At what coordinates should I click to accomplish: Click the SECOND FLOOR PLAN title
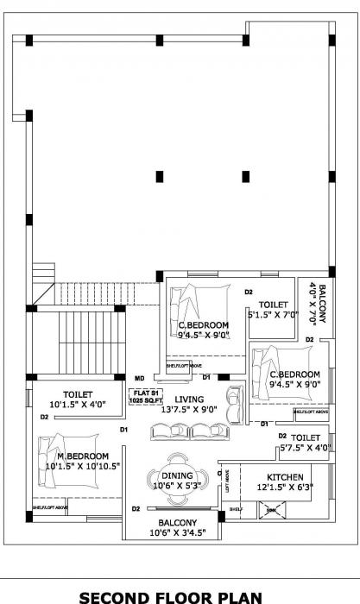180,595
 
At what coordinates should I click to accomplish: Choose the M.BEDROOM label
83,456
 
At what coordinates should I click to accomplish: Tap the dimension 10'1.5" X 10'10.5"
83,466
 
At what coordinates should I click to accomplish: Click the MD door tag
140,378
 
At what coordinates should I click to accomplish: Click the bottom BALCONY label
177,523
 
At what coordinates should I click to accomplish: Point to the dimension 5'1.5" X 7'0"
273,315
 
